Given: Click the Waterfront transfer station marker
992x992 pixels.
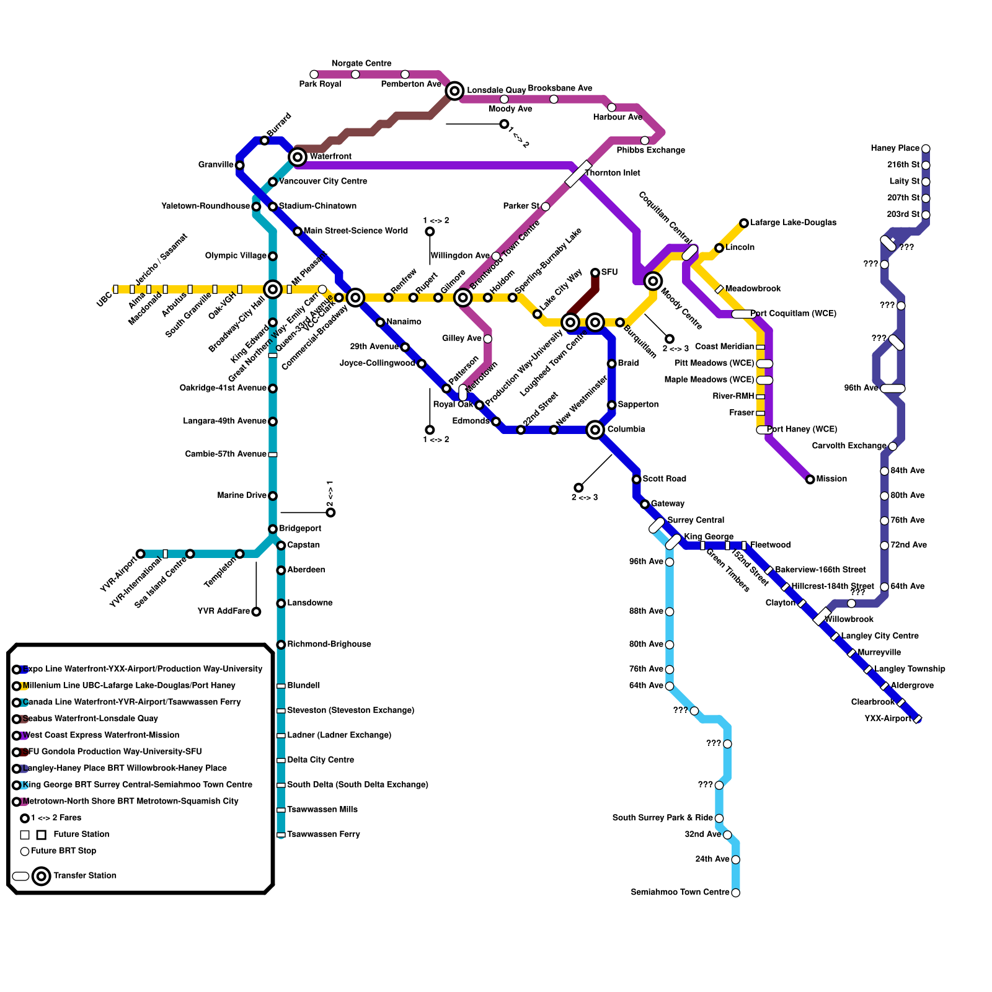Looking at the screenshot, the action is click(x=298, y=157).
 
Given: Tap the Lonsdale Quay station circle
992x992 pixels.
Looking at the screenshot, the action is click(x=454, y=91).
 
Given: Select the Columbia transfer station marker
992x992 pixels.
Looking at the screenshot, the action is click(x=595, y=429).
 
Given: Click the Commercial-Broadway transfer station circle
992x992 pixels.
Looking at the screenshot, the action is click(x=355, y=298).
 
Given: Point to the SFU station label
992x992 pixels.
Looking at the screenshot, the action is click(x=609, y=272).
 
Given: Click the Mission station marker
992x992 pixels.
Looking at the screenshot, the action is click(x=810, y=479).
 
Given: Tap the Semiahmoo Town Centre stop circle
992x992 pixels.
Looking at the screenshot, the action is click(x=735, y=893).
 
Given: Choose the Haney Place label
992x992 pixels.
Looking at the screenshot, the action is click(x=895, y=148).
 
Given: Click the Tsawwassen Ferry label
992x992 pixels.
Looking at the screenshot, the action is click(x=323, y=835).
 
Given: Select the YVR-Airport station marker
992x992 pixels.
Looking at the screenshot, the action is click(x=141, y=554).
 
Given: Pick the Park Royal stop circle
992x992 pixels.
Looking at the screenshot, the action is click(x=314, y=74).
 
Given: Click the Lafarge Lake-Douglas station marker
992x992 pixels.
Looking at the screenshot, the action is click(x=744, y=223).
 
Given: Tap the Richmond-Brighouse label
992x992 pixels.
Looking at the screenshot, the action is click(x=329, y=644).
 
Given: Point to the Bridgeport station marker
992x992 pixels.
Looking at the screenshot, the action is click(x=273, y=529).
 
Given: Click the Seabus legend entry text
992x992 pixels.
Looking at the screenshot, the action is click(x=90, y=719).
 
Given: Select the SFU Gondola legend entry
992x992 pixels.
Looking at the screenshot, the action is click(x=112, y=751).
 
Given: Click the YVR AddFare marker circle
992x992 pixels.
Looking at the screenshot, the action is click(x=256, y=612).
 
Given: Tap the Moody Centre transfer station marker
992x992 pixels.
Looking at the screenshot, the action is click(x=653, y=281).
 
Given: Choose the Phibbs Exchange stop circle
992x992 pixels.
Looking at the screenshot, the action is click(x=645, y=141).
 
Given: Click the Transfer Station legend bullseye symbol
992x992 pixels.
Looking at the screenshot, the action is click(x=42, y=876).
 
